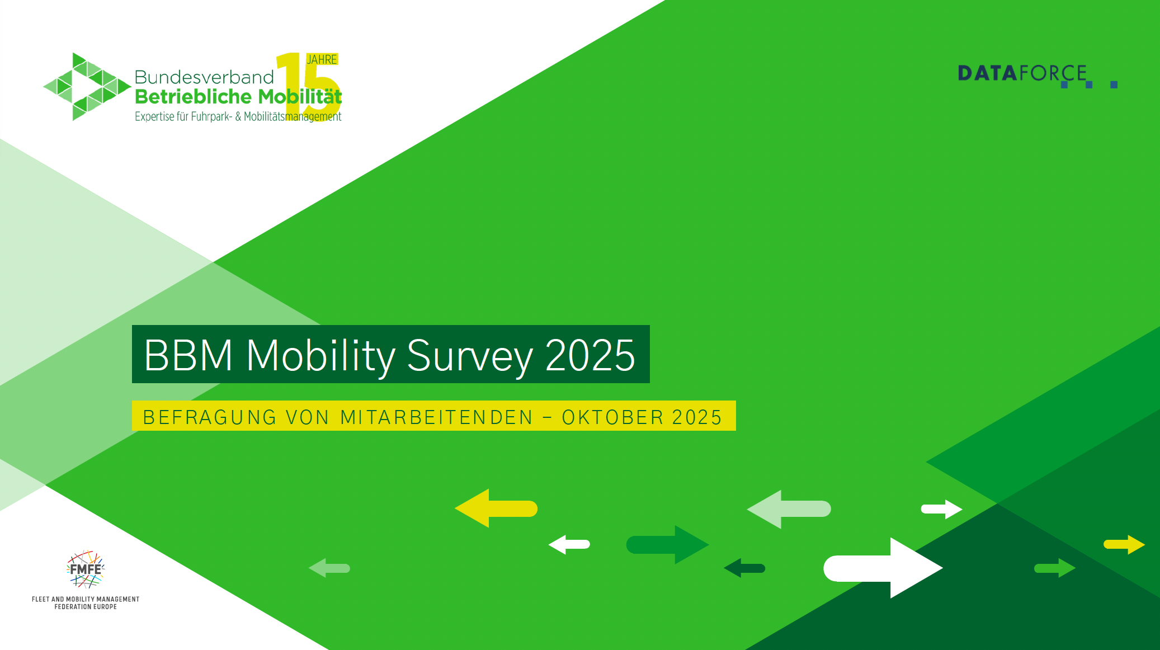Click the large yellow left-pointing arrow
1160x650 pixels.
[x=494, y=508]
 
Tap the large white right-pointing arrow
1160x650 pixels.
[x=882, y=568]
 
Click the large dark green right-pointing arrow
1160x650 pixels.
[x=667, y=544]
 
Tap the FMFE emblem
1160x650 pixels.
[x=86, y=569]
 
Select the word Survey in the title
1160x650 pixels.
[x=469, y=355]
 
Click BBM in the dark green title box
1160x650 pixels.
[x=188, y=355]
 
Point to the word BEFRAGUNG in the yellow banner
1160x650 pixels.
[x=210, y=417]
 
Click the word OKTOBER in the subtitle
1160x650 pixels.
[x=613, y=417]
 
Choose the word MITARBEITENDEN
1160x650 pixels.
[x=437, y=417]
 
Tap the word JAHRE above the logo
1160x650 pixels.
[x=322, y=59]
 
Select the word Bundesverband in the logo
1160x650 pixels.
[x=204, y=77]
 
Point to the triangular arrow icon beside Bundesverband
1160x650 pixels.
[x=87, y=87]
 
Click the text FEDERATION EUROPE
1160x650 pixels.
[x=86, y=607]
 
